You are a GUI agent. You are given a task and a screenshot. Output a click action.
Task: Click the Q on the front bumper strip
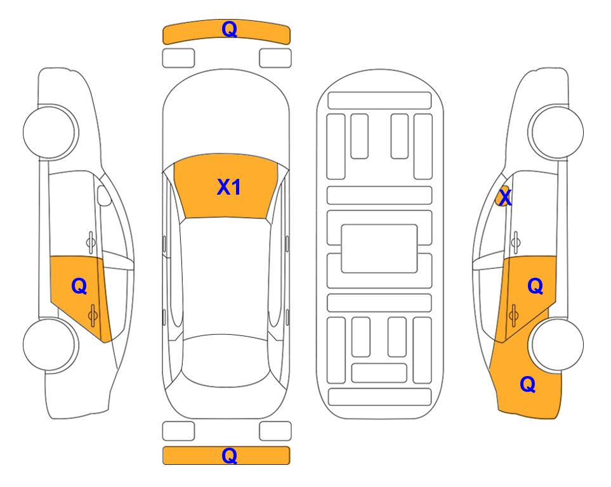coord(229,30)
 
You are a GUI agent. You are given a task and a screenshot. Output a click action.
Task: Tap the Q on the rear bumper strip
coord(229,455)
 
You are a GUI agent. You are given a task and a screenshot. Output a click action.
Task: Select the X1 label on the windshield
coord(229,187)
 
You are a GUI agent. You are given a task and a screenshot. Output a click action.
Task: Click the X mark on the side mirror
coord(505,197)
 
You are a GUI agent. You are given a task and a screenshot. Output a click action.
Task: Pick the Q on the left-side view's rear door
coord(79,287)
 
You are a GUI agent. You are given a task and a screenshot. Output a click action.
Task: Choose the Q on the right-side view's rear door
coord(535,287)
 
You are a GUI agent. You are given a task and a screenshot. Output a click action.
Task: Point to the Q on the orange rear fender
coord(528,384)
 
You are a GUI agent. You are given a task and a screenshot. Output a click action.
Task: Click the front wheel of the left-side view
coord(49,132)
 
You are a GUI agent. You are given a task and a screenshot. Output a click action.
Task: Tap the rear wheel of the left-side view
coord(49,344)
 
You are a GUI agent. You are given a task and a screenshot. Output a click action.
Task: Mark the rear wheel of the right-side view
coord(557,344)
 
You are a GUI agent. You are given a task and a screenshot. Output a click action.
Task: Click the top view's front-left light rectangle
coord(178,58)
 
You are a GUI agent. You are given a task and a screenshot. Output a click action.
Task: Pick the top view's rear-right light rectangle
coord(275,431)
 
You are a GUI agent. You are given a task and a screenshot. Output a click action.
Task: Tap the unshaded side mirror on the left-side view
coord(103,195)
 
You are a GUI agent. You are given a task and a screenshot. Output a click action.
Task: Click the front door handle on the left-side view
coord(90,242)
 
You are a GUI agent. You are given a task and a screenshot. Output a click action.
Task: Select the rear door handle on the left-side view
coord(93,315)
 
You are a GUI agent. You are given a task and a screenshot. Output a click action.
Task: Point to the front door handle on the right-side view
coord(516,242)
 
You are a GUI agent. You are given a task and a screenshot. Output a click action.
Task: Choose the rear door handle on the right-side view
coord(513,315)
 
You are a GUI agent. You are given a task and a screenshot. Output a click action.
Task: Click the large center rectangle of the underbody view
coord(379,249)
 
